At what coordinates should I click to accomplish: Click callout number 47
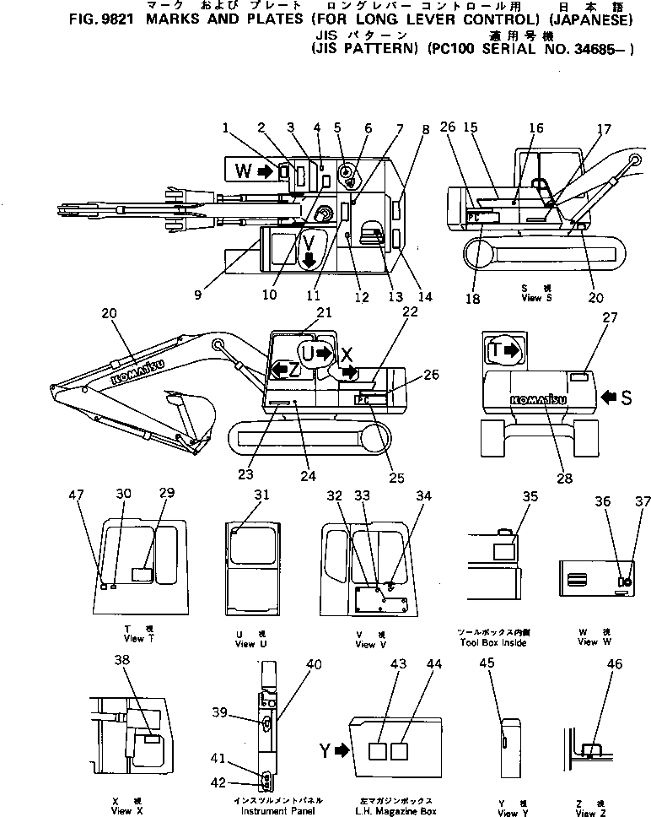(x=82, y=498)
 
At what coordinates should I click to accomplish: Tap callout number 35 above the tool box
(x=530, y=497)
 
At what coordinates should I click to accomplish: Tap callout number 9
(x=196, y=295)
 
